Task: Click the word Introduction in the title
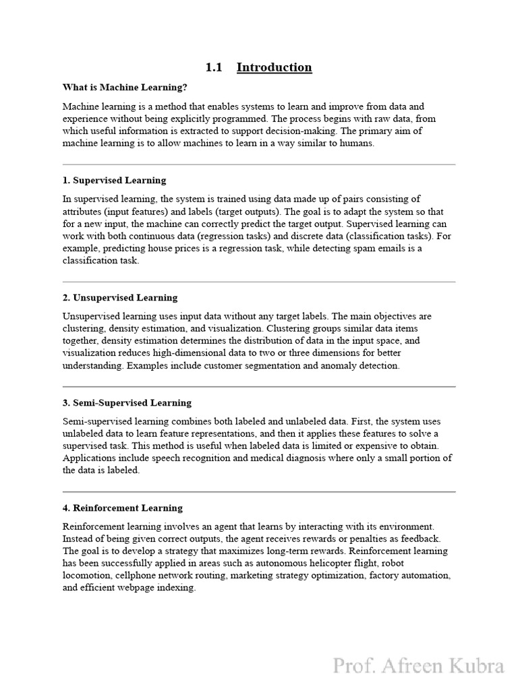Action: pos(274,67)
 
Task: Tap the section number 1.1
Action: pos(214,67)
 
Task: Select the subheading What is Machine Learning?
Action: pos(125,88)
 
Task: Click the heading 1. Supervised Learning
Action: pos(114,181)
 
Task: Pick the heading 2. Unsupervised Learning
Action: pos(120,298)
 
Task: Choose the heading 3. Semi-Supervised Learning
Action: pos(127,403)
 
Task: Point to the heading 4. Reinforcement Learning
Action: pos(123,508)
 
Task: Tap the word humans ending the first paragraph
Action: pos(357,144)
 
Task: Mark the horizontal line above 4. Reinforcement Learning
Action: pos(259,492)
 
